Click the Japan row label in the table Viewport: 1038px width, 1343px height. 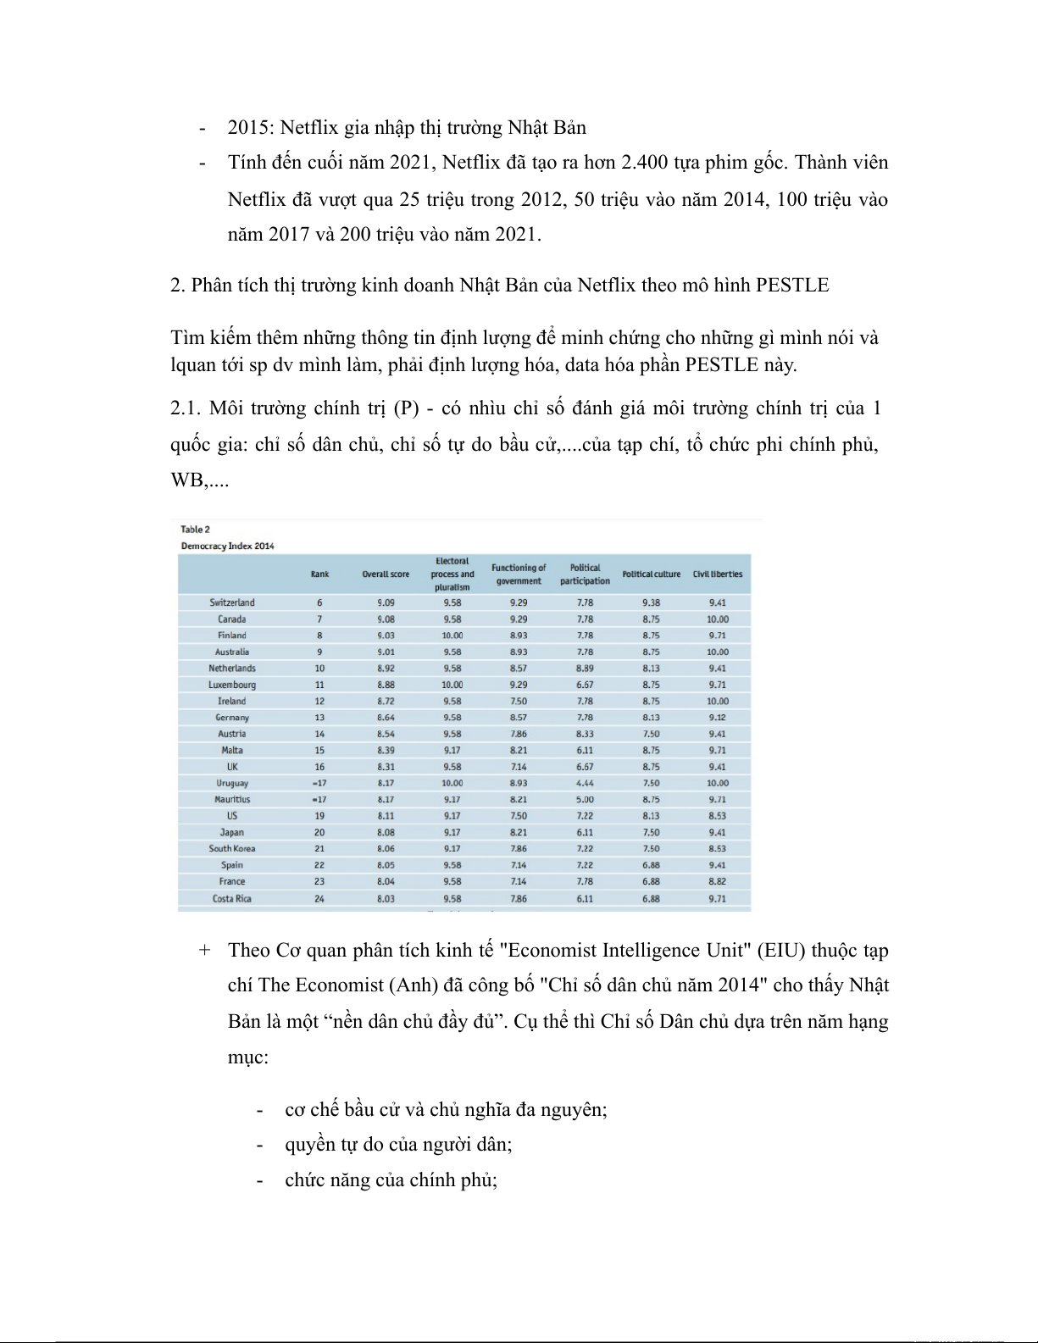point(231,832)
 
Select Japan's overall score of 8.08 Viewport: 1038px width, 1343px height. point(386,832)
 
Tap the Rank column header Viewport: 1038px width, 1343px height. point(319,574)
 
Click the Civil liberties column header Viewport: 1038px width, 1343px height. point(717,574)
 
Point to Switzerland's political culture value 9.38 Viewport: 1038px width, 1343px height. point(651,602)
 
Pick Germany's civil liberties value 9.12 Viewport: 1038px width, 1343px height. point(717,718)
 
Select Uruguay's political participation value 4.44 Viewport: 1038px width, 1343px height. point(585,783)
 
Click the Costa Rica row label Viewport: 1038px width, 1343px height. point(231,898)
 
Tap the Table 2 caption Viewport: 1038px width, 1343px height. point(195,530)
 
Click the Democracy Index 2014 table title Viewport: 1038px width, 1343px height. point(227,546)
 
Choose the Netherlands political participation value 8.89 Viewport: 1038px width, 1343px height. point(585,669)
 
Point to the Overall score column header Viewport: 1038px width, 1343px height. point(386,574)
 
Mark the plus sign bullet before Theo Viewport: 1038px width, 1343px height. point(204,950)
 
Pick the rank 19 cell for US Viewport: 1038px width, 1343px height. point(319,816)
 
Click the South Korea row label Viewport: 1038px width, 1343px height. point(231,848)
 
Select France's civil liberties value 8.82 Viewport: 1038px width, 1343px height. point(717,881)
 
